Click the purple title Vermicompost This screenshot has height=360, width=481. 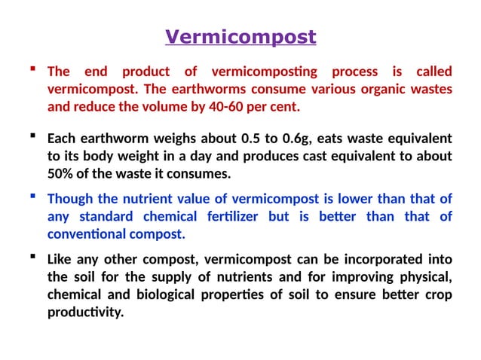coord(240,37)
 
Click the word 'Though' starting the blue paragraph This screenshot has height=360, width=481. coord(68,200)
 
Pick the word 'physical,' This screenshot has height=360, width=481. coord(427,277)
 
